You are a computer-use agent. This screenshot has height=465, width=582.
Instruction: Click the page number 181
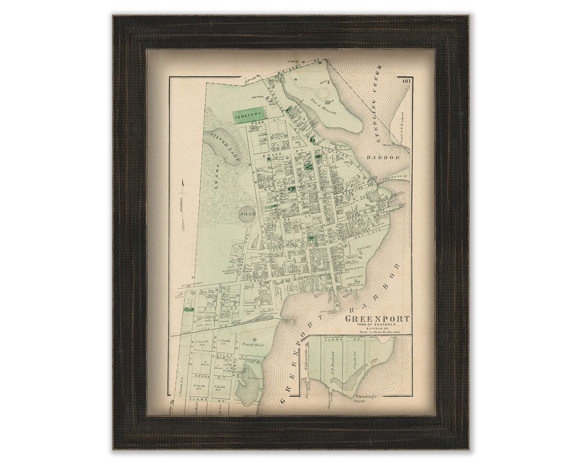(x=405, y=81)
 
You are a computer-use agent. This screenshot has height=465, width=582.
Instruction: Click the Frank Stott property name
(x=253, y=345)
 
